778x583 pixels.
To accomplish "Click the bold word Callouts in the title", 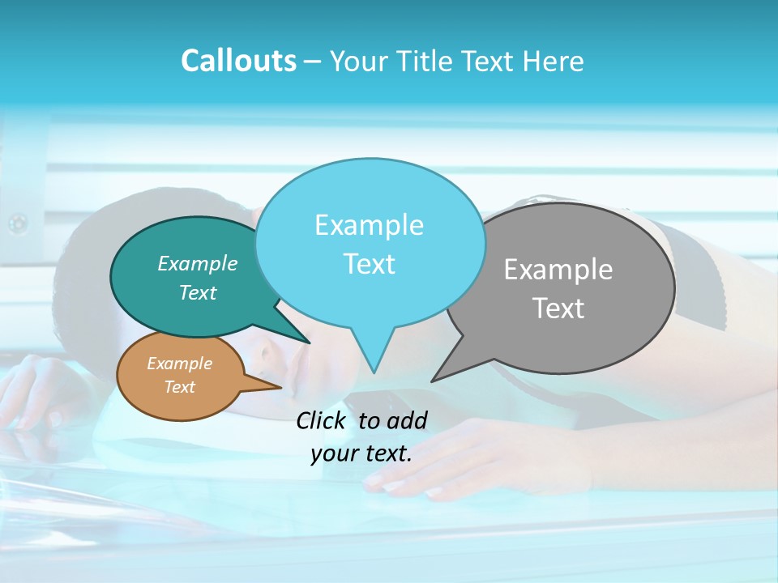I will (239, 61).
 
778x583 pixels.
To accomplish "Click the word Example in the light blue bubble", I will (370, 225).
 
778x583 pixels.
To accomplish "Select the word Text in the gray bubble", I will (558, 309).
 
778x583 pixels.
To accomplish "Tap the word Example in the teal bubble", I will (198, 263).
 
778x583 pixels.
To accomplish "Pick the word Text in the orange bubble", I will (180, 387).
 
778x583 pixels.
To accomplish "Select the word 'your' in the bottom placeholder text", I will (334, 453).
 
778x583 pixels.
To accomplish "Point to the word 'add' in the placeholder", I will (407, 420).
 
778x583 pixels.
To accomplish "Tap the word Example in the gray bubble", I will (558, 270).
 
